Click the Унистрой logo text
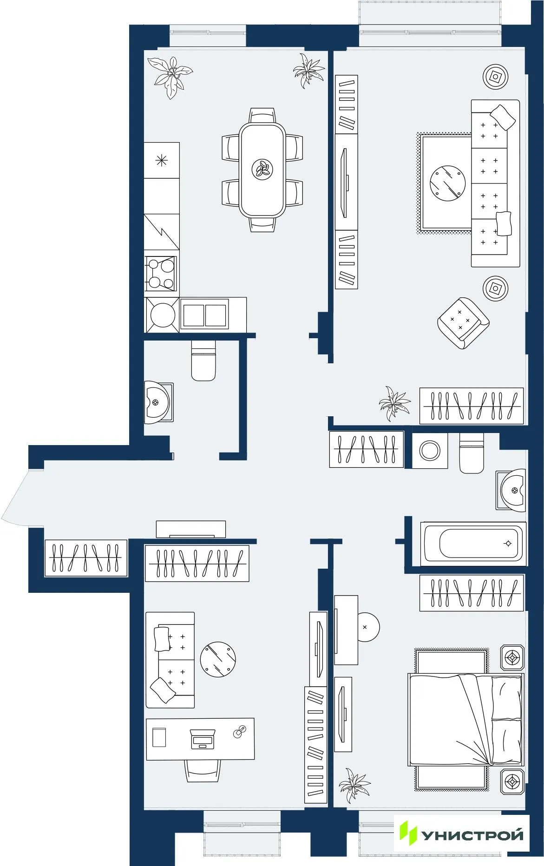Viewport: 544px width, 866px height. click(x=472, y=835)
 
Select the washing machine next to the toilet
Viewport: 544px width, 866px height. click(x=430, y=450)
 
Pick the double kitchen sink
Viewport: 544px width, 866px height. click(x=204, y=315)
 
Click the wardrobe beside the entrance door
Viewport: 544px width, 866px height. click(x=86, y=558)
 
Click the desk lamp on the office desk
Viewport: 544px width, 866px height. click(x=240, y=732)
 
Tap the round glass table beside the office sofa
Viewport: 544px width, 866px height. click(x=218, y=659)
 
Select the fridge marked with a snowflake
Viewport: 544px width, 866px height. click(x=161, y=160)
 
